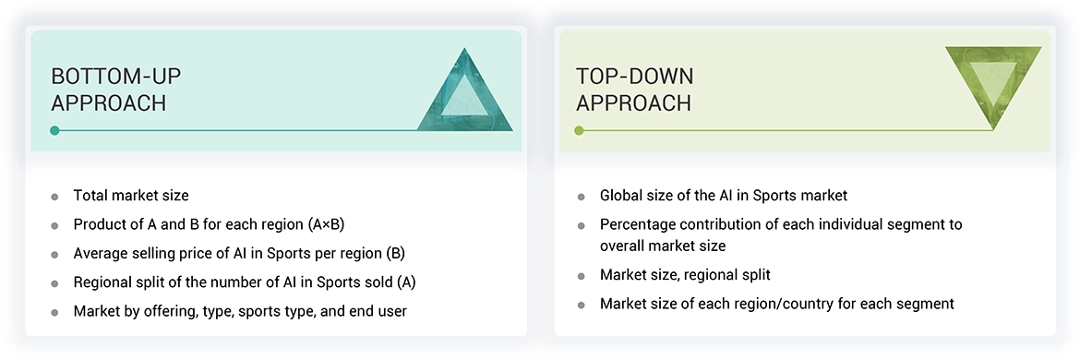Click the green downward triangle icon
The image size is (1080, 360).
(992, 83)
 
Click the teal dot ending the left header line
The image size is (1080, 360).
(55, 130)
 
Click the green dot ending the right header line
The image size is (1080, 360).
(580, 130)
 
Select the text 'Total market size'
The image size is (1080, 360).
(131, 196)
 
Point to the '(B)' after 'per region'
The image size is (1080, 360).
(394, 253)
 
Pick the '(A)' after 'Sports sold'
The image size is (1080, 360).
(417, 282)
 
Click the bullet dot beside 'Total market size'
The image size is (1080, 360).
(55, 197)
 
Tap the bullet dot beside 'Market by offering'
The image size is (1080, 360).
(55, 312)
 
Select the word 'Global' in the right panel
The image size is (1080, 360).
(621, 196)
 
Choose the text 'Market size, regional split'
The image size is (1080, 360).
(685, 274)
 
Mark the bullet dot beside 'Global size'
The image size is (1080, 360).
(581, 197)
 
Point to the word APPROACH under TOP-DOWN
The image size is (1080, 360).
(633, 102)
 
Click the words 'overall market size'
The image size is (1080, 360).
(663, 246)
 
